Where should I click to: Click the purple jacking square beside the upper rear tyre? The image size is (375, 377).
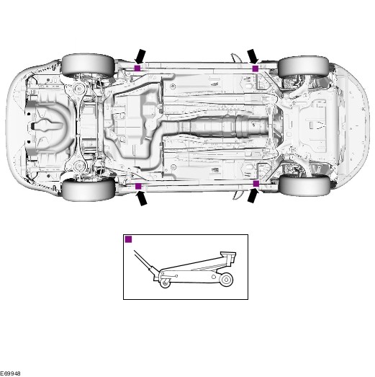click(137, 68)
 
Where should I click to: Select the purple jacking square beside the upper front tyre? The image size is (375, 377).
click(256, 68)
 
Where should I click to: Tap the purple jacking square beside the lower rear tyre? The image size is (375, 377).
click(138, 186)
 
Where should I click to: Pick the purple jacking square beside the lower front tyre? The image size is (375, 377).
click(256, 184)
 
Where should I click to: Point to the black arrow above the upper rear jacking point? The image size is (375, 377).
click(140, 56)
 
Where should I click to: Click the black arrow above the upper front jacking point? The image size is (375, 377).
click(253, 57)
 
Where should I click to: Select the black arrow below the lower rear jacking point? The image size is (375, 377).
click(141, 198)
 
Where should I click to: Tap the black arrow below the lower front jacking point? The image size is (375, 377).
click(253, 195)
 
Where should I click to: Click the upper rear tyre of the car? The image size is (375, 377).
click(89, 66)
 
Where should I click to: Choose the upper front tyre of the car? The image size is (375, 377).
click(303, 67)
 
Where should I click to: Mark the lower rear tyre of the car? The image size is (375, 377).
click(89, 190)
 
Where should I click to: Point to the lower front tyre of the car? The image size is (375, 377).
click(304, 185)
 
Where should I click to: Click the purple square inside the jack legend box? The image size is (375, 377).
click(129, 239)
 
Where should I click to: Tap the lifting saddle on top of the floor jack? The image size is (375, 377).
click(229, 256)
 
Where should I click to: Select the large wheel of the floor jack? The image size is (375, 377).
click(226, 280)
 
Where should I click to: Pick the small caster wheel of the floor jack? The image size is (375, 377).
click(165, 282)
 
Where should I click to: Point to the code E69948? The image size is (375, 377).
click(10, 373)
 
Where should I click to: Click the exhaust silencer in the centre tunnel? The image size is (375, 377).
click(223, 126)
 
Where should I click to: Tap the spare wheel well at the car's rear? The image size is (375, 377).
click(49, 126)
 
